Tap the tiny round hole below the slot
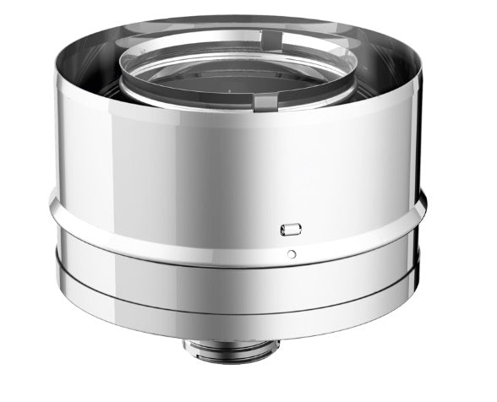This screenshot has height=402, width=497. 290,253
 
